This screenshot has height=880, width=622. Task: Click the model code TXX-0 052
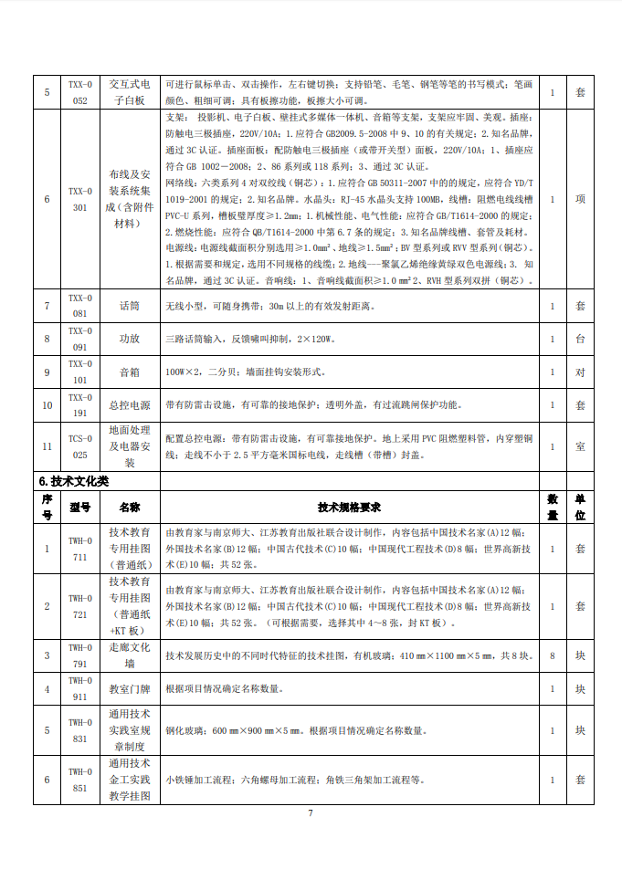pos(80,92)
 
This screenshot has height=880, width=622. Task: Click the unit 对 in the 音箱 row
pos(580,372)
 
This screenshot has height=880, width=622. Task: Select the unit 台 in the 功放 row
pos(580,339)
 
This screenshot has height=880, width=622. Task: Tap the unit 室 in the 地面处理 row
pos(580,446)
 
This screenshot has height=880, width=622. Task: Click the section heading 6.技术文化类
pos(74,481)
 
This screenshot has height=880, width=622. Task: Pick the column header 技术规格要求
pos(350,507)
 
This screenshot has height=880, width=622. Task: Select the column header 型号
pos(80,507)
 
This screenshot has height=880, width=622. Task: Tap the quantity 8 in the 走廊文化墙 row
pos(553,655)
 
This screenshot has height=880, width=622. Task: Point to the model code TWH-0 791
pos(80,655)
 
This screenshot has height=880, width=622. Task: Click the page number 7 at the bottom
pos(311,812)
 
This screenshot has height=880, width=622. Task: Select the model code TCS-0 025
pos(80,446)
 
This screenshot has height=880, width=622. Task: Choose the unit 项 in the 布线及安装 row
pos(580,199)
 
